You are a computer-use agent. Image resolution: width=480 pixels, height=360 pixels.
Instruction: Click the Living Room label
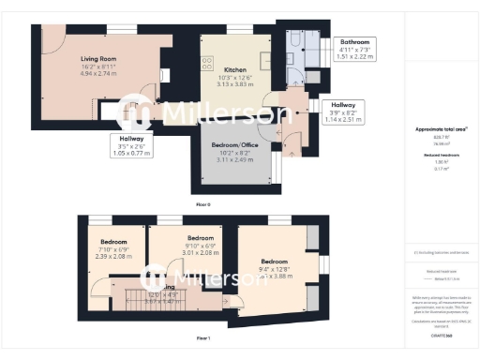tap(97, 57)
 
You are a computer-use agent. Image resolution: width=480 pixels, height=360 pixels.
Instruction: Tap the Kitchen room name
tap(234, 70)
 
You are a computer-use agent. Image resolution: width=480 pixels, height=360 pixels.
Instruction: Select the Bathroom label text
tap(354, 42)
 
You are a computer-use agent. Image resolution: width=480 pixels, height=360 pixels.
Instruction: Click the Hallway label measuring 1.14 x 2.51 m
tap(342, 105)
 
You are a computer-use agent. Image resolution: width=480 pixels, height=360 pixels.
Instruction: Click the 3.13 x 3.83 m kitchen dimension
tap(234, 84)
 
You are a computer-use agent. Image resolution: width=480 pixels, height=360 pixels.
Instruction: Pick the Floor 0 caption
tap(202, 203)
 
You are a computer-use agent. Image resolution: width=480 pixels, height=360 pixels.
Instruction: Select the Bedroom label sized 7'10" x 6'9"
tap(113, 242)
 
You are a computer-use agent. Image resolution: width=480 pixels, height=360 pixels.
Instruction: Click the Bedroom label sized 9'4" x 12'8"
tap(274, 262)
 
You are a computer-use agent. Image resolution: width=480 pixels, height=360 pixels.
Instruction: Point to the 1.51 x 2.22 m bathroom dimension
tap(354, 56)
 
